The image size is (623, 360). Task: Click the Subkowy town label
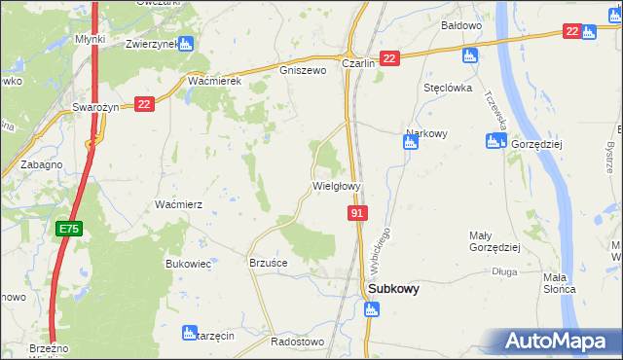coord(393,289)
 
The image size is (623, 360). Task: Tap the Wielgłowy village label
coord(337,185)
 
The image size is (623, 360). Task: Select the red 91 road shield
coord(357,212)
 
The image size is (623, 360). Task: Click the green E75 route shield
coord(67,229)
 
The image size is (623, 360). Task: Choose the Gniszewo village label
coord(301,70)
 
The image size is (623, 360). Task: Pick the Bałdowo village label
coord(461,25)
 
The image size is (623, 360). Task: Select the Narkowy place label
coord(425,134)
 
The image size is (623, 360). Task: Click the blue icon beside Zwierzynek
coord(187,44)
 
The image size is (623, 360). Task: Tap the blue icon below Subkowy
coord(370,309)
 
